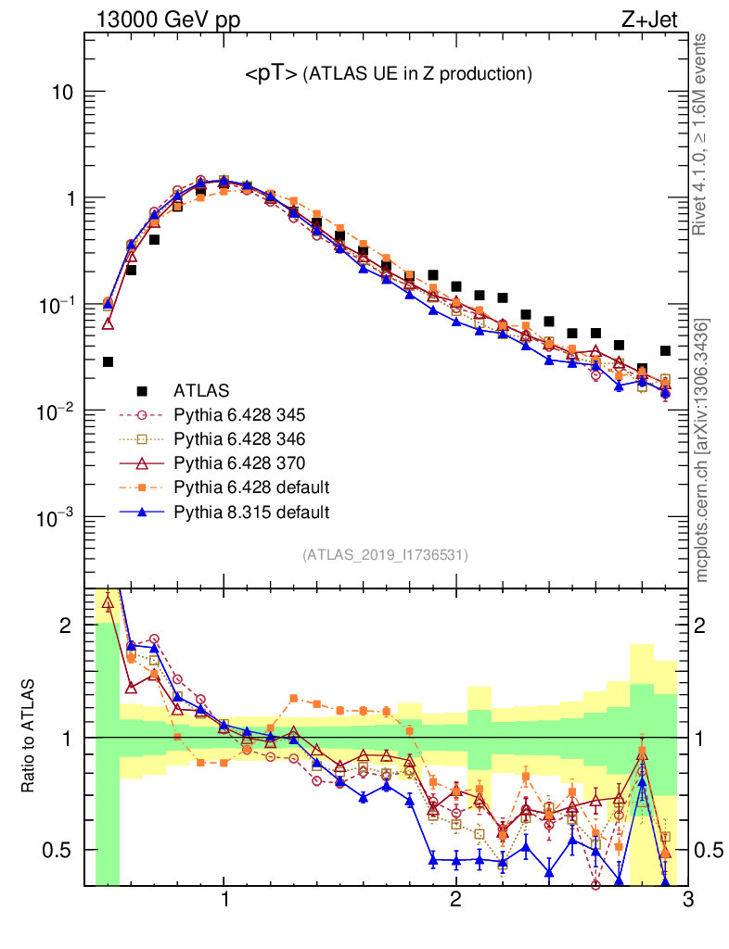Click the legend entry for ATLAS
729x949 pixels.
click(203, 390)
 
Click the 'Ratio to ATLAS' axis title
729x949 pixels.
click(31, 737)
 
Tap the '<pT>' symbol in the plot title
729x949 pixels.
click(271, 74)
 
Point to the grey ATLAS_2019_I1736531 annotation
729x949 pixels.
click(385, 555)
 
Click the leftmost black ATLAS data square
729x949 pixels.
click(109, 361)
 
